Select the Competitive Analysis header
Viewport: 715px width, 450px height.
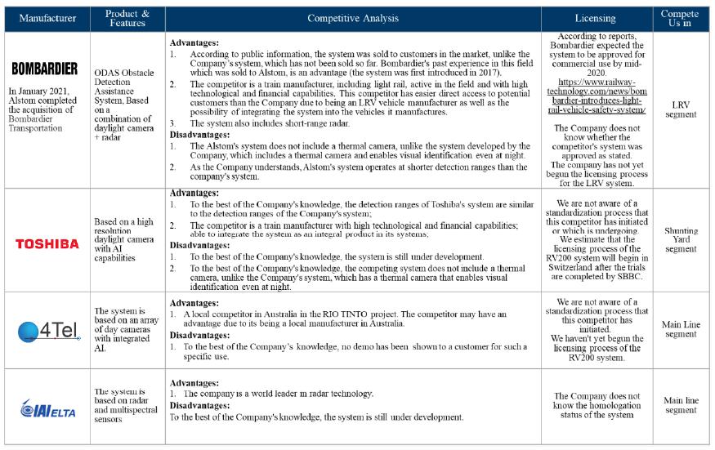click(352, 18)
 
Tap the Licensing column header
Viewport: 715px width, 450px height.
click(596, 18)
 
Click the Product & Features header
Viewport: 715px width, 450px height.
click(127, 18)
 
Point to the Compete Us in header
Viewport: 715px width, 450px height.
click(680, 18)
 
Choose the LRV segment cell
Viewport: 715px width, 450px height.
click(680, 109)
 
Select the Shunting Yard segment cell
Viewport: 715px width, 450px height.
click(680, 240)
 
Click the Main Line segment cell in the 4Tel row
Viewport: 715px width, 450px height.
click(680, 329)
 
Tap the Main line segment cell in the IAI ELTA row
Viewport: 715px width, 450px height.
click(680, 405)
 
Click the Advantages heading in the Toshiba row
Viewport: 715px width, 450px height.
click(194, 194)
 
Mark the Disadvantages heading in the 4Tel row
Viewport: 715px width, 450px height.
click(200, 335)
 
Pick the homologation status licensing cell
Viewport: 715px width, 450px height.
click(596, 405)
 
